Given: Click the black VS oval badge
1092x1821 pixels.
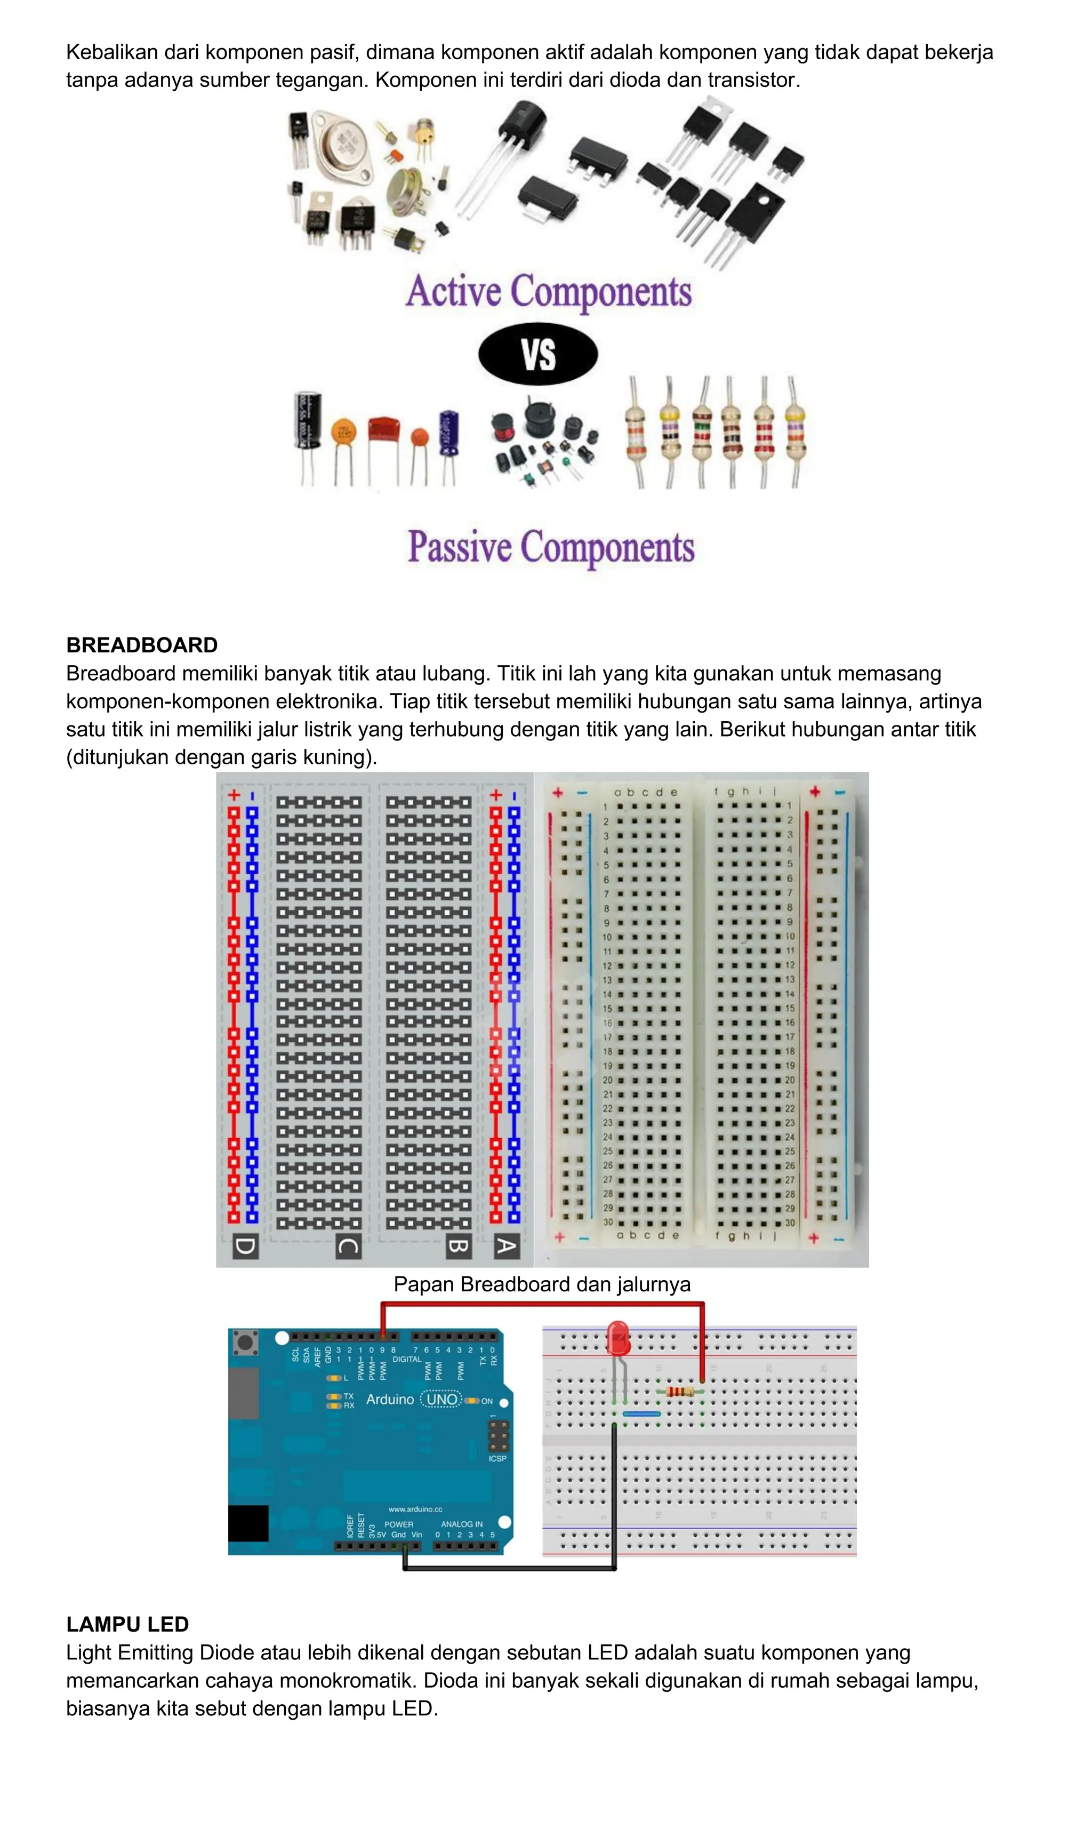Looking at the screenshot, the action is point(538,354).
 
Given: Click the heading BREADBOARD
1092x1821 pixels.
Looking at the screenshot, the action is point(142,645).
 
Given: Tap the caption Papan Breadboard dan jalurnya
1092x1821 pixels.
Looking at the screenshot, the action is point(542,1284).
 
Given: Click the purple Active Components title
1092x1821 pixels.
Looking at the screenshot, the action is point(549,291).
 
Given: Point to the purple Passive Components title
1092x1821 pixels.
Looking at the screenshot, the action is point(551,547).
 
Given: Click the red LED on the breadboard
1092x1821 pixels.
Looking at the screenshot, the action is point(618,1339).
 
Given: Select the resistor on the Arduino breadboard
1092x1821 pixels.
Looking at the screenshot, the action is point(680,1391).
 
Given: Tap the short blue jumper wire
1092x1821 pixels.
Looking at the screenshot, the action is point(641,1413).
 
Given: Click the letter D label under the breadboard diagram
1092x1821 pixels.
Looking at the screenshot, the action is point(245,1246).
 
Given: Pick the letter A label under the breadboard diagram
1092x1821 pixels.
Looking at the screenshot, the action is point(506,1246).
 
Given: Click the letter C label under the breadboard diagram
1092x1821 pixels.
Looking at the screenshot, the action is point(348,1246).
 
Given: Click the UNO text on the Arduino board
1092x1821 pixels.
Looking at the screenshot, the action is point(441,1399).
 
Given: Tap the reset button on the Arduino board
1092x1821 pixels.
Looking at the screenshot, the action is point(246,1343).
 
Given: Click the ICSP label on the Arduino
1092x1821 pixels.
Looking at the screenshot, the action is point(497,1458).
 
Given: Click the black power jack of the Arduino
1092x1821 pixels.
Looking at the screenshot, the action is point(248,1523).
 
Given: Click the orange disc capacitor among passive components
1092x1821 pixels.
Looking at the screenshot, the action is point(343,430).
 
